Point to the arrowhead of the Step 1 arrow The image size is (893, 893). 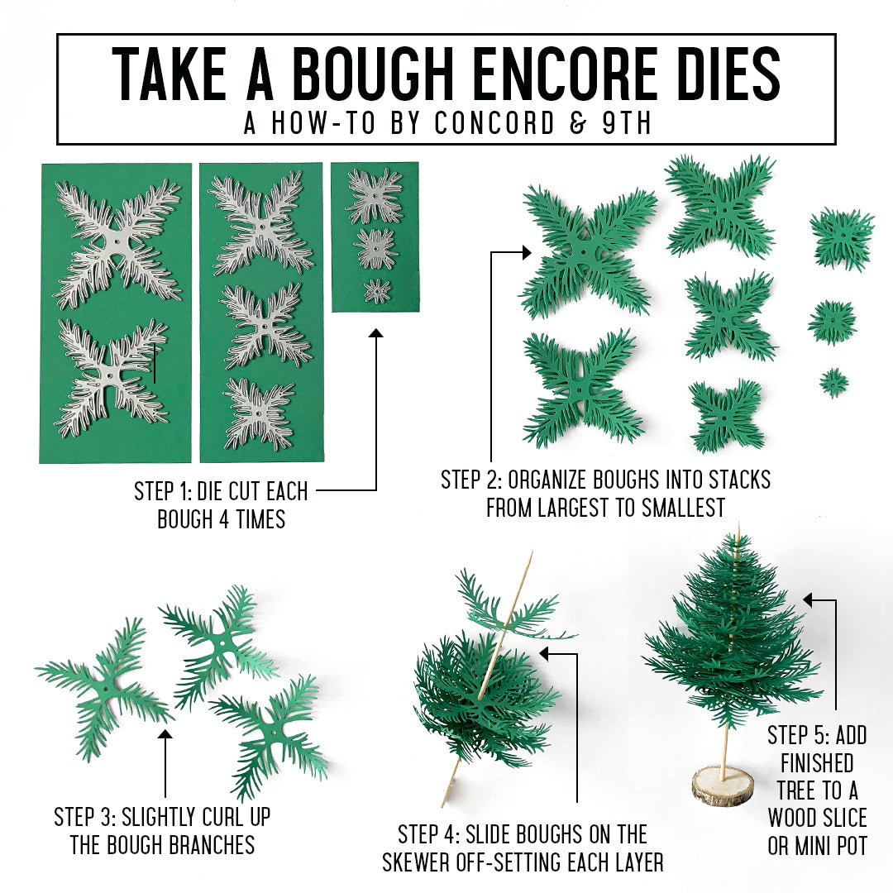click(376, 334)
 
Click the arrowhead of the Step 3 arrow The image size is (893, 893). click(165, 733)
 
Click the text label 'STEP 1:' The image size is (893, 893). click(164, 492)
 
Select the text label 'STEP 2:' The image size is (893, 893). click(471, 480)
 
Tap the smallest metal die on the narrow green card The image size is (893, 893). click(378, 290)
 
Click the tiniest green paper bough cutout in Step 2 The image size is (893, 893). click(833, 382)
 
